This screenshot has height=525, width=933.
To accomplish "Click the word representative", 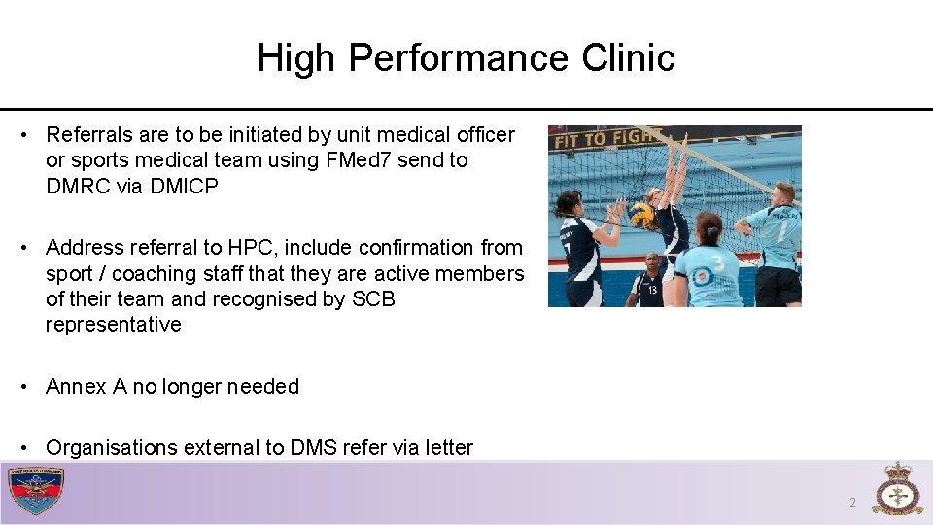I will tap(113, 325).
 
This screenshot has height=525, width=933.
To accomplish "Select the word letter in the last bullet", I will tap(446, 448).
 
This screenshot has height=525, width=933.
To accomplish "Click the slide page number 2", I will tap(852, 503).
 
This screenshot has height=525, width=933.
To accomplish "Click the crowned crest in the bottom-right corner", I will tap(897, 490).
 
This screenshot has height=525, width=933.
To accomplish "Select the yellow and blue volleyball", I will tap(641, 214).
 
